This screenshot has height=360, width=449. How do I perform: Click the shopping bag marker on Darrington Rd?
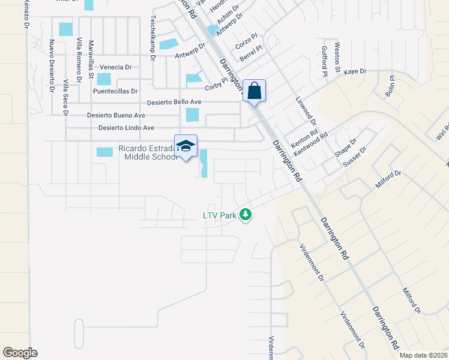pos(254,91)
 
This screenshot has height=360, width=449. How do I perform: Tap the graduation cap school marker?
pos(185,146)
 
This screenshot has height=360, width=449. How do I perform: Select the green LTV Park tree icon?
pos(245,214)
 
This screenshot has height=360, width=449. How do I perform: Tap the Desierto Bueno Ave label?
pos(116,115)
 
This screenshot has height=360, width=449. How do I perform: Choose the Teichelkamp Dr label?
pos(154,38)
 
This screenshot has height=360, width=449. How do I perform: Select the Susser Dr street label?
pos(354,156)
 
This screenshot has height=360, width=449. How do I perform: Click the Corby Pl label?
pos(217,85)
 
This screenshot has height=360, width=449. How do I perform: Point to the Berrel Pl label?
pos(251,53)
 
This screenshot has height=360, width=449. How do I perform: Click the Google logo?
pos(20,353)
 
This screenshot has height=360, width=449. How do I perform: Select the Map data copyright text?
pos(424,355)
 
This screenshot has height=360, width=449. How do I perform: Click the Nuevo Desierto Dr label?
pos(52,66)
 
